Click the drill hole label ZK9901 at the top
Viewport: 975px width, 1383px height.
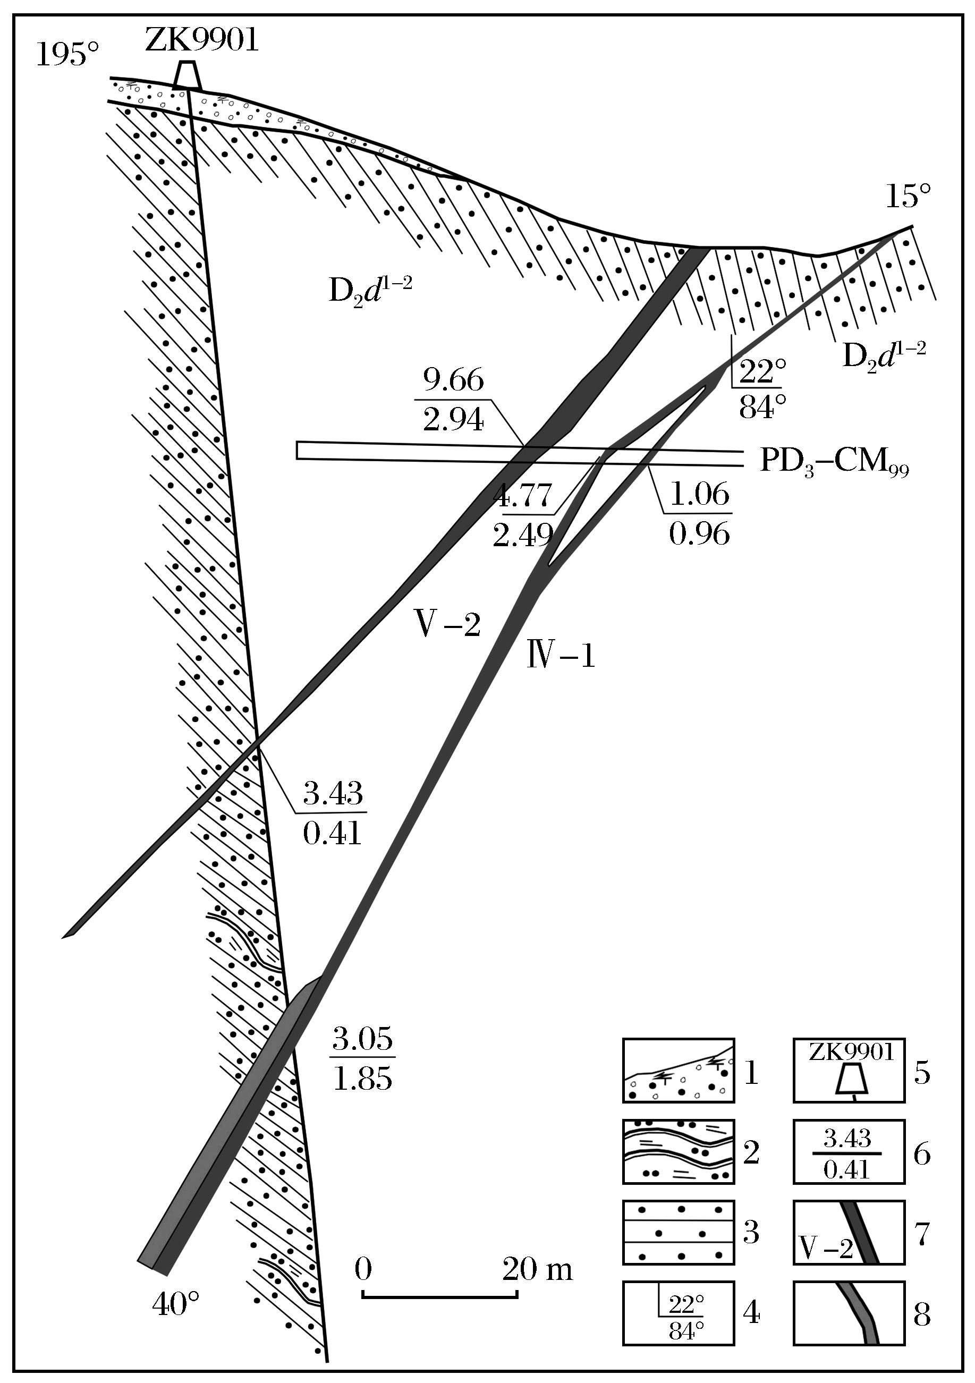coord(202,41)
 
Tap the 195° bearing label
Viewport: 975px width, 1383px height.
coord(67,55)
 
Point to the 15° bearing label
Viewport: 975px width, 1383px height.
coord(908,197)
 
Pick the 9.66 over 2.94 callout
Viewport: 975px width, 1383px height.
coord(453,401)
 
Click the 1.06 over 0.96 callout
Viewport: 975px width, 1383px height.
coord(699,513)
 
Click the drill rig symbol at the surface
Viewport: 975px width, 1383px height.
coord(187,76)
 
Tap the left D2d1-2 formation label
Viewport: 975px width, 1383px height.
coord(370,290)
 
